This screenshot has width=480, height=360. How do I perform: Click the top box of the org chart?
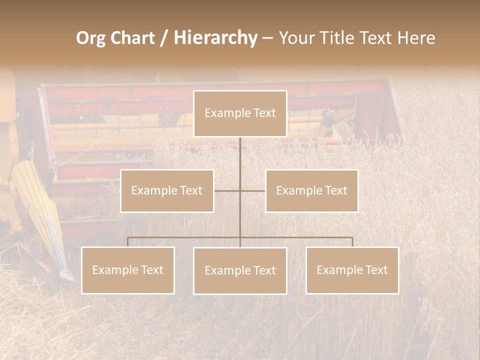click(x=240, y=113)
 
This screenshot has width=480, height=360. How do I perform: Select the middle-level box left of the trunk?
click(x=167, y=190)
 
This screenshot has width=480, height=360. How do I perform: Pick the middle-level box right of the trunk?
click(x=311, y=190)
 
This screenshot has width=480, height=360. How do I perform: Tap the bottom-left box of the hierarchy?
click(x=128, y=270)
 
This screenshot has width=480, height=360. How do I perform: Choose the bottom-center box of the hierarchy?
click(x=240, y=270)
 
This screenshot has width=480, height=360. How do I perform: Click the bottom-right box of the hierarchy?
click(x=352, y=270)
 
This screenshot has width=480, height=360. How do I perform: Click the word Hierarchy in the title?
click(x=215, y=38)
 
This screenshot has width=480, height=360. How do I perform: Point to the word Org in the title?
click(x=90, y=38)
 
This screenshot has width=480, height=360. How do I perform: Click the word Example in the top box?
click(x=225, y=113)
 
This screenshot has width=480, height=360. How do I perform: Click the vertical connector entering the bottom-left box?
click(x=128, y=242)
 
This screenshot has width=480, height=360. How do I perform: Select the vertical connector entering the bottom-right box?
click(x=352, y=242)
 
